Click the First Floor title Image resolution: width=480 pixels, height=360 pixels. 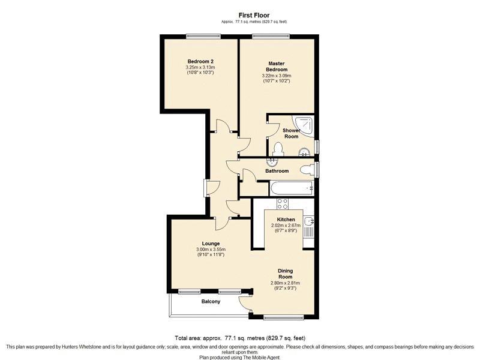(254, 15)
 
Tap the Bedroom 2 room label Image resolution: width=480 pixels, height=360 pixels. (200, 61)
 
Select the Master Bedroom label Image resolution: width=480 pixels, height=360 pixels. (277, 67)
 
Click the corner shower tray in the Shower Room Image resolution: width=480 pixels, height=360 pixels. (304, 125)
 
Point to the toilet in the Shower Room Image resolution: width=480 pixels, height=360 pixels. (278, 149)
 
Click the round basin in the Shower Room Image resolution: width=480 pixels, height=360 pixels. (304, 152)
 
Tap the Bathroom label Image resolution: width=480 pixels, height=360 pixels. (277, 171)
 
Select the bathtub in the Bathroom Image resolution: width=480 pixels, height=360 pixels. (292, 188)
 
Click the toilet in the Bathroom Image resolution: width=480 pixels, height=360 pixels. (307, 170)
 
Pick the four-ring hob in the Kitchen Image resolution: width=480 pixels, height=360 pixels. (282, 203)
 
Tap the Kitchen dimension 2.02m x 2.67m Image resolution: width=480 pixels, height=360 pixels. (286, 226)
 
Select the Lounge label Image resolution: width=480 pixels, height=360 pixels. (211, 244)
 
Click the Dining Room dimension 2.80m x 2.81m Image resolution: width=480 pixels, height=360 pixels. (285, 283)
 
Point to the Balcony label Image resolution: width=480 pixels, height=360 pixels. (211, 302)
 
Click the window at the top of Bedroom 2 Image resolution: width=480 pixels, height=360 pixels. (203, 36)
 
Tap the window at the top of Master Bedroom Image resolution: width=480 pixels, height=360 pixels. (271, 36)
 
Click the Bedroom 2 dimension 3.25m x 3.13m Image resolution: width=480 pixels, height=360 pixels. (200, 67)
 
